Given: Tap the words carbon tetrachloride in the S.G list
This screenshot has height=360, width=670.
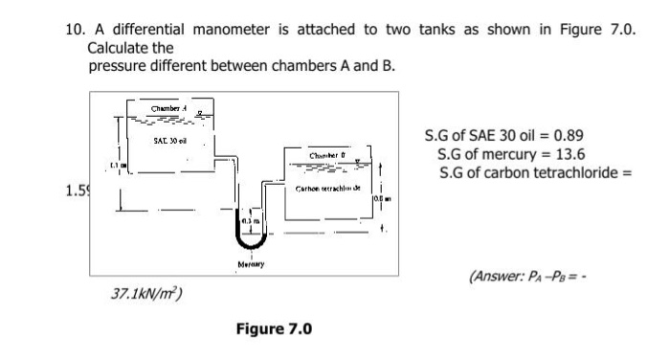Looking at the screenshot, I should (x=560, y=172).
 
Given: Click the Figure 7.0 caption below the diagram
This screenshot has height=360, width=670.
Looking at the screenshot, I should (x=274, y=329).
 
